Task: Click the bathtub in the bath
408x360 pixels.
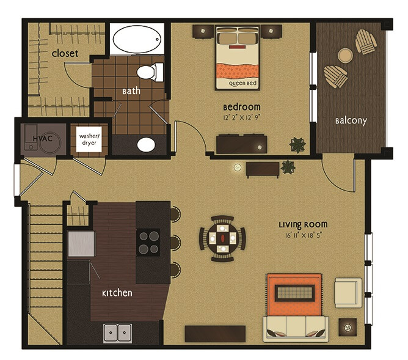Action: (137, 39)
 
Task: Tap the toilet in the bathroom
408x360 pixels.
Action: (150, 72)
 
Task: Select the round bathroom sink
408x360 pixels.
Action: (146, 144)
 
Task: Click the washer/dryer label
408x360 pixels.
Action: (89, 139)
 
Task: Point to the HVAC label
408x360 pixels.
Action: (43, 138)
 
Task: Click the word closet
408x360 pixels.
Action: (65, 53)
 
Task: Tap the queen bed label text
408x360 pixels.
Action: (242, 83)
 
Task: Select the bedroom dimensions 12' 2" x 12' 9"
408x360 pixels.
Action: (242, 118)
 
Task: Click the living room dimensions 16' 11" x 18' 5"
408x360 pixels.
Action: (304, 235)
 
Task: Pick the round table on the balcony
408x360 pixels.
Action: (345, 56)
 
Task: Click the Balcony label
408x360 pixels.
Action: (351, 121)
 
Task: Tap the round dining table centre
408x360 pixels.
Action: (222, 238)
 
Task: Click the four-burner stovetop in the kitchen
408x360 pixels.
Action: (148, 242)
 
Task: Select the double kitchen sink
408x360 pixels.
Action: (117, 333)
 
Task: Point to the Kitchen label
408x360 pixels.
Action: (117, 293)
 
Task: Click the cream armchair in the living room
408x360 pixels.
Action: (348, 293)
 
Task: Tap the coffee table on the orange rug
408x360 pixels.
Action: (295, 293)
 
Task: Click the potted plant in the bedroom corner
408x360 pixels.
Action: (297, 145)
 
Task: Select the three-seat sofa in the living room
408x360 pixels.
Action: (296, 329)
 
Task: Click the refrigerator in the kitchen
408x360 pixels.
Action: (81, 244)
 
